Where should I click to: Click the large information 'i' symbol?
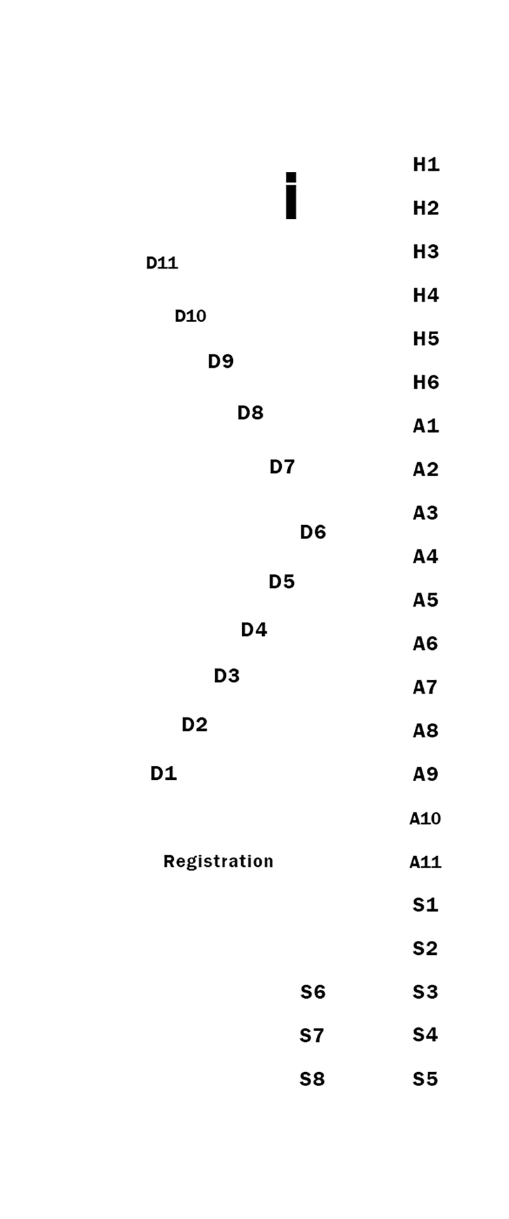291,195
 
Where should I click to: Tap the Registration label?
218,861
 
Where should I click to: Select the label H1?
426,165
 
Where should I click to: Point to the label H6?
426,383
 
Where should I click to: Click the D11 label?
162,263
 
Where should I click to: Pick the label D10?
190,316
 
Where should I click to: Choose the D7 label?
282,467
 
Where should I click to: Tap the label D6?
312,532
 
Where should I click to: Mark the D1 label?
163,773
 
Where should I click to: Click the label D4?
253,630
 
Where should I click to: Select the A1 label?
426,426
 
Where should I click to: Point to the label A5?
425,600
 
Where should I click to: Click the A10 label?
425,819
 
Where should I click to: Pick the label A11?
425,863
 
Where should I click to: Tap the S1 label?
425,905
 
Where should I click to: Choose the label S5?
425,1079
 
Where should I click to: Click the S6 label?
312,992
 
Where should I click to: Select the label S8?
312,1079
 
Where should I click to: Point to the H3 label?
426,252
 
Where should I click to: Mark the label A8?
425,731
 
